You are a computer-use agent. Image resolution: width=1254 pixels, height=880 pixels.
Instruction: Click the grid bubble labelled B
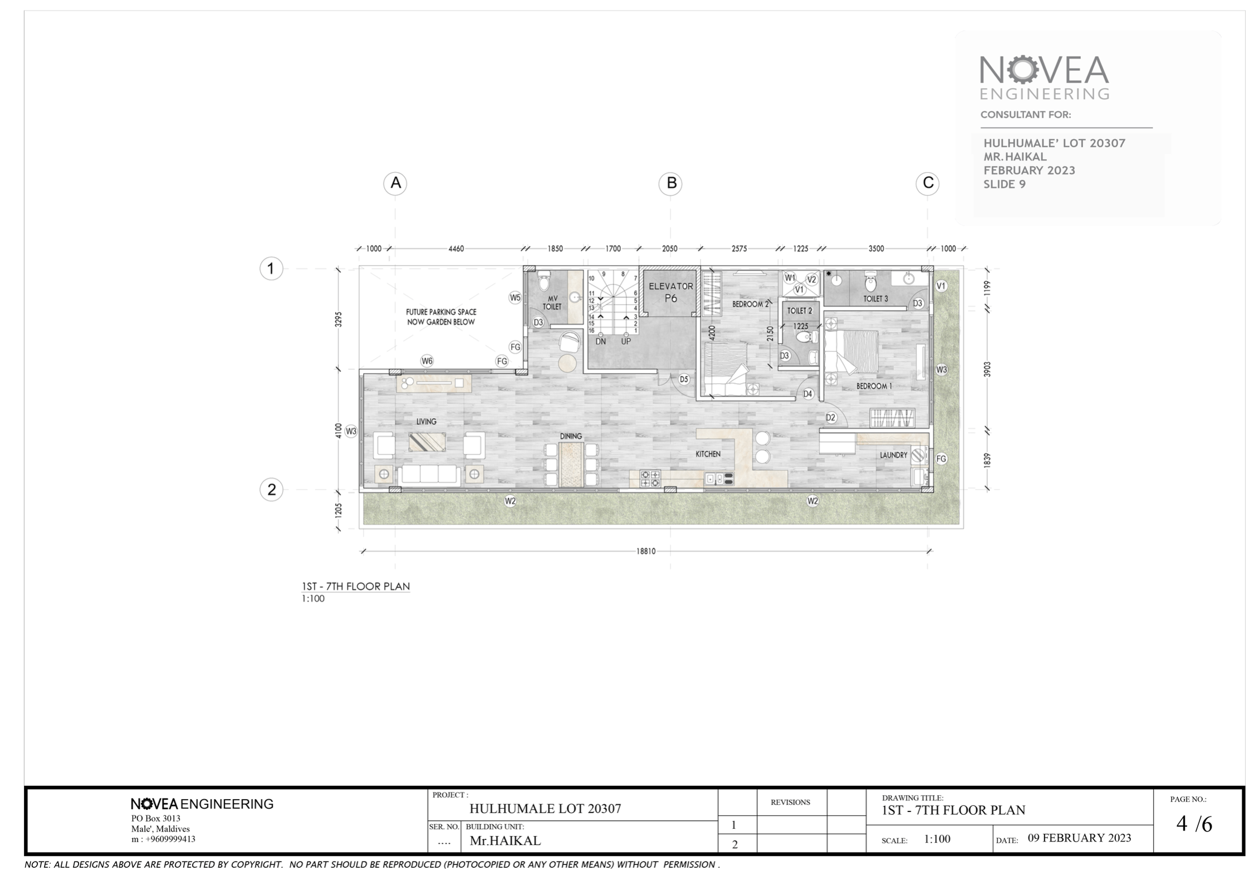coord(671,183)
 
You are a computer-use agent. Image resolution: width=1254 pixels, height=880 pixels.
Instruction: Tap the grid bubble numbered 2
coord(271,490)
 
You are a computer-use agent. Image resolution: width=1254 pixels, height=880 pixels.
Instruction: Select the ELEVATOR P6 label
coord(671,292)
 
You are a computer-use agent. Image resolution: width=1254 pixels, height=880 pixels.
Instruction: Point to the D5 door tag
coord(684,379)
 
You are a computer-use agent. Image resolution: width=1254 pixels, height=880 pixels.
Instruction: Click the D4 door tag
coord(808,394)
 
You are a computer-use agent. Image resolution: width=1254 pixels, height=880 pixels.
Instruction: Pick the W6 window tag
coord(427,361)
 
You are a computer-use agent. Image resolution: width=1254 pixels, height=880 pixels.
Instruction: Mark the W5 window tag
coord(515,297)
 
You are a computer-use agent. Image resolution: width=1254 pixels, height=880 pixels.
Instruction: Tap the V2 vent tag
coord(811,279)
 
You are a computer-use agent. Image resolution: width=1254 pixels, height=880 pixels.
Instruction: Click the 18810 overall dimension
coord(646,551)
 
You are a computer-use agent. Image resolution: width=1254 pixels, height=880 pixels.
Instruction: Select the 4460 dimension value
coord(456,248)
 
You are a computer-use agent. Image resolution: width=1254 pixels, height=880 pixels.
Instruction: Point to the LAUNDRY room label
coord(894,455)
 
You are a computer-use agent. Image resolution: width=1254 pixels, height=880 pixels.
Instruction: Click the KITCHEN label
coord(708,454)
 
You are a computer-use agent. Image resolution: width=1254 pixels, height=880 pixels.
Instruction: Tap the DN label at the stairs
coord(601,341)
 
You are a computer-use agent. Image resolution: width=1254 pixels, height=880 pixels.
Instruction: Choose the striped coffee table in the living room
coord(427,442)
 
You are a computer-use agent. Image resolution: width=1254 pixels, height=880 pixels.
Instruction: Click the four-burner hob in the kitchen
coord(650,479)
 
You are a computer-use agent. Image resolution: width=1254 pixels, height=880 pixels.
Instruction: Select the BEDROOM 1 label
coord(874,386)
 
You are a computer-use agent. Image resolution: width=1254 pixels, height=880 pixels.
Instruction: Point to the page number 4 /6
coord(1194,824)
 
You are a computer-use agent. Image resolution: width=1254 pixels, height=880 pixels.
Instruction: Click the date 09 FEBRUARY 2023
coord(1079,838)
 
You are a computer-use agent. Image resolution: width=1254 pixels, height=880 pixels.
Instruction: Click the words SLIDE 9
coord(1004,184)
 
